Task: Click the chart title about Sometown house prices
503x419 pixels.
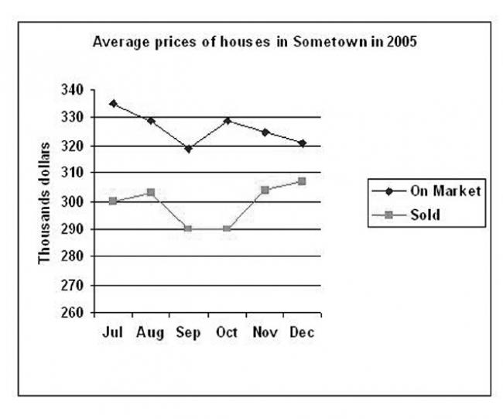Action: pos(255,43)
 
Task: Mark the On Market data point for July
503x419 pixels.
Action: pos(113,103)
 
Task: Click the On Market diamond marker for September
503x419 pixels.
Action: pos(188,148)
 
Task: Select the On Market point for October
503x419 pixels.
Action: pos(226,120)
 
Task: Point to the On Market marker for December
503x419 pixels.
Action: pos(302,143)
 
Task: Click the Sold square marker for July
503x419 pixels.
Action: pos(113,201)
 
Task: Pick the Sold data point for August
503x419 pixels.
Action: pos(151,192)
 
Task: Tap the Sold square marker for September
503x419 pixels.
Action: pos(188,228)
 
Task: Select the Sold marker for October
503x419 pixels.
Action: pos(226,228)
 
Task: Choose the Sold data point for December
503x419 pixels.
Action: pos(302,181)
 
